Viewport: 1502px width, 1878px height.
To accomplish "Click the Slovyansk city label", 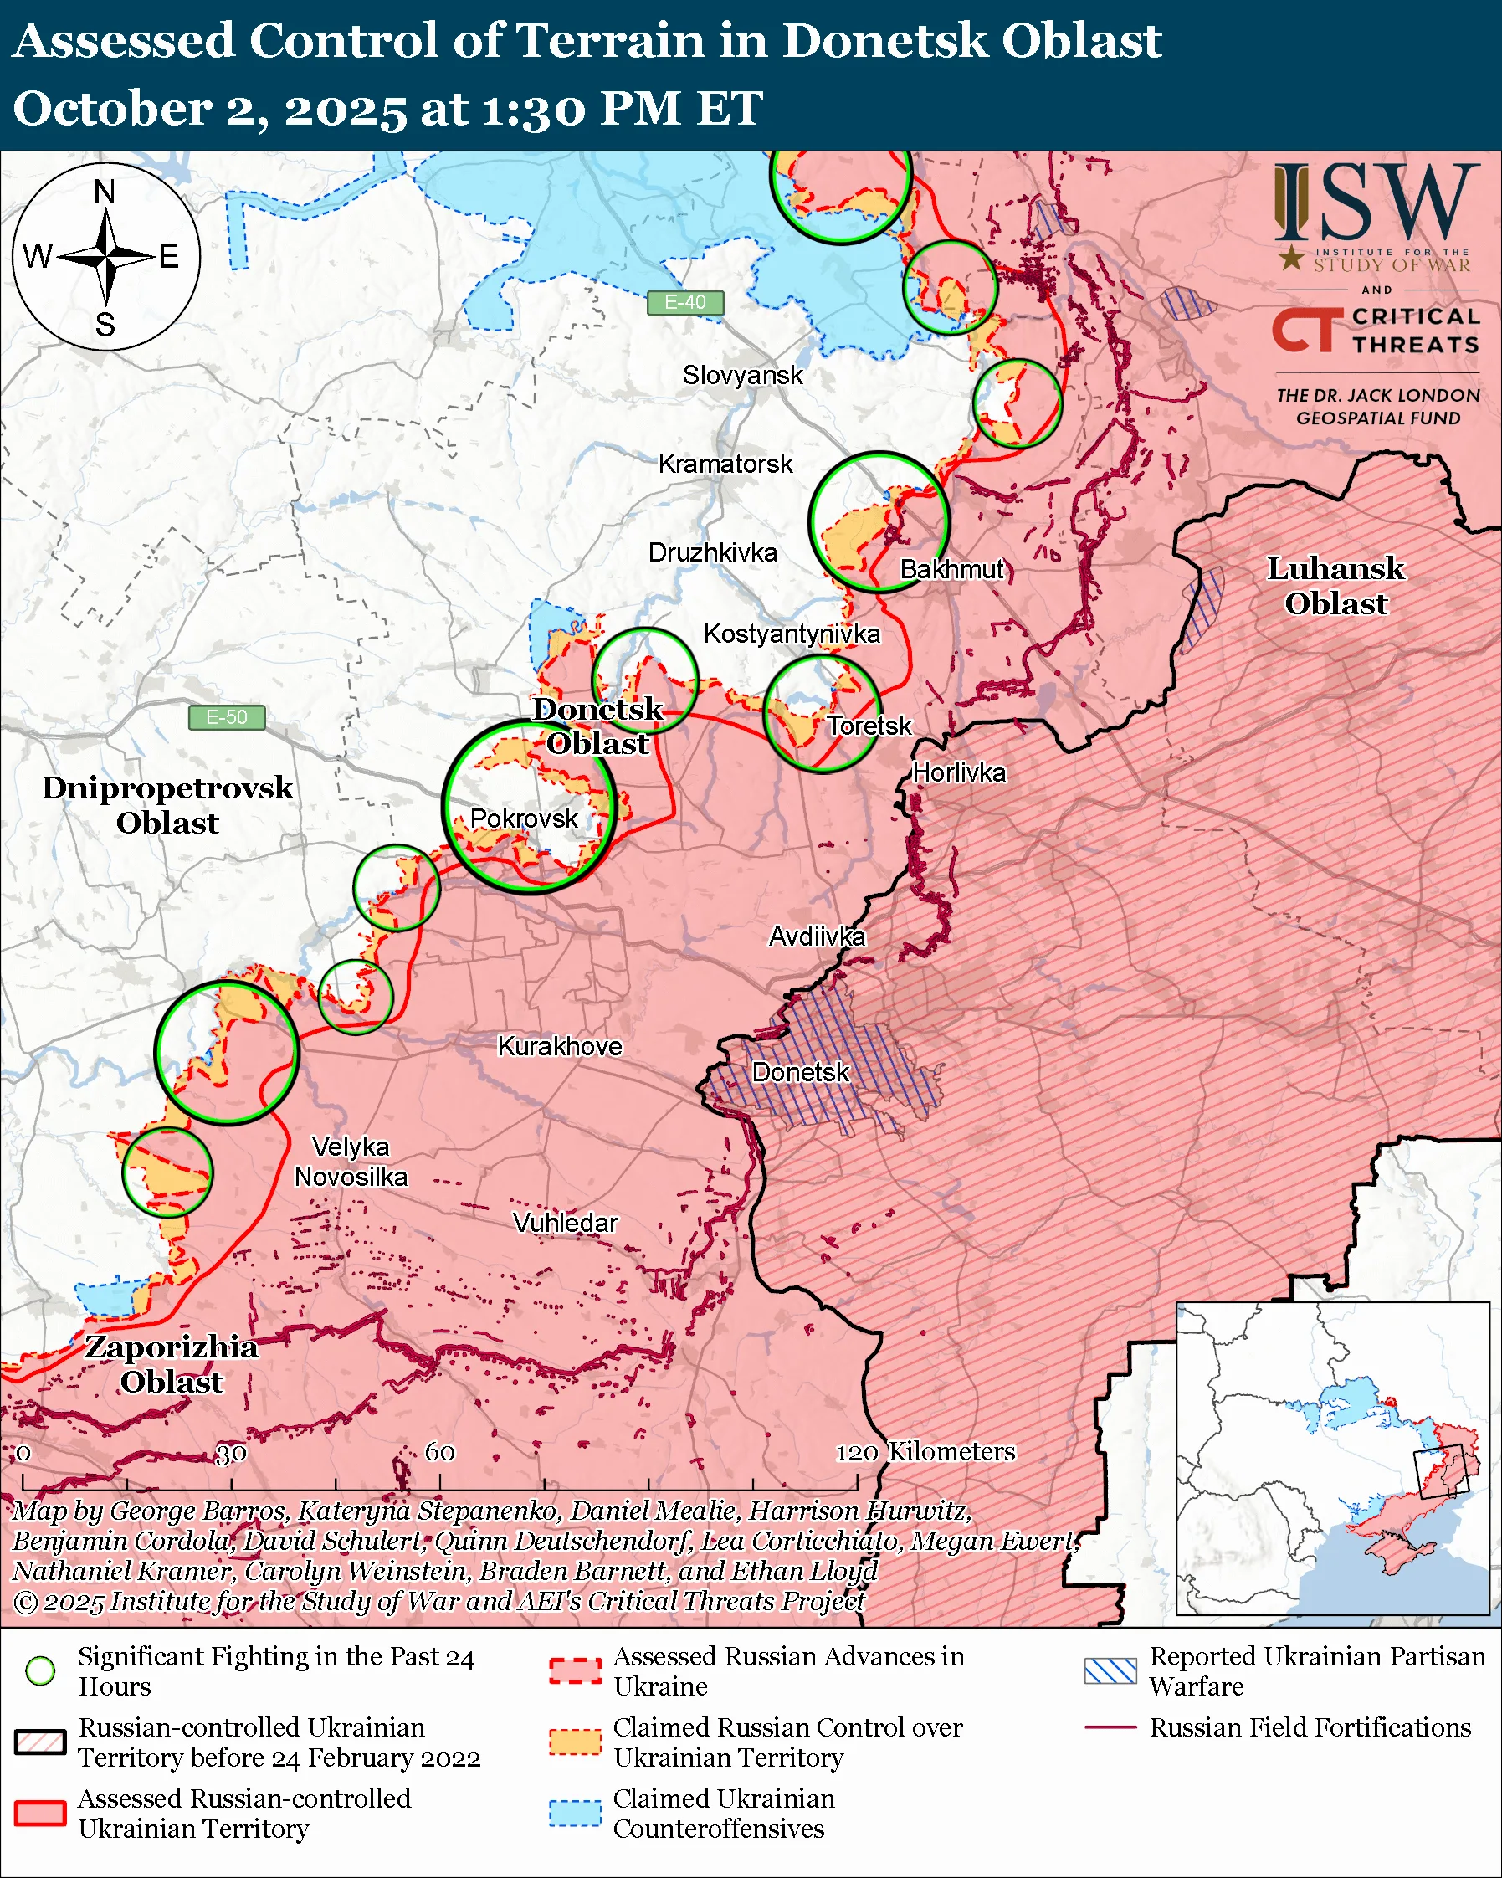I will [742, 376].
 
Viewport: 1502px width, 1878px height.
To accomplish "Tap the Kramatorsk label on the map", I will [725, 464].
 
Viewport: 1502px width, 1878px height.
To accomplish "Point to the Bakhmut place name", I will [951, 570].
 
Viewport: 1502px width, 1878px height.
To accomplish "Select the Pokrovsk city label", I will [523, 818].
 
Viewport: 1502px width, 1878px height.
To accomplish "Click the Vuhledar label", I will [565, 1223].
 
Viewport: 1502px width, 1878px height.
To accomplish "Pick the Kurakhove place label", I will [559, 1046].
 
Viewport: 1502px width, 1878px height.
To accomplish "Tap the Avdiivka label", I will [816, 937].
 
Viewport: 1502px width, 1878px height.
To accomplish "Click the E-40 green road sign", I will [685, 302].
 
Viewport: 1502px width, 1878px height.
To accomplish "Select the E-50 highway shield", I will [227, 718].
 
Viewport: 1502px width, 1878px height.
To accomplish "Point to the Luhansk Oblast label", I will [1335, 586].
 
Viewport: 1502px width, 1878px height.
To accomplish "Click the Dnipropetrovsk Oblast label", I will [167, 805].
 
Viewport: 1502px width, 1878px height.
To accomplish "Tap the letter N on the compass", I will [105, 192].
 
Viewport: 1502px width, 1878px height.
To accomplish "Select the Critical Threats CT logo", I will [1303, 331].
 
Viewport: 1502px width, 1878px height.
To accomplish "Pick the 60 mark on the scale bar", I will [438, 1452].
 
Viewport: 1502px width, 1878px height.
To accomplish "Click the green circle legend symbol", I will [40, 1670].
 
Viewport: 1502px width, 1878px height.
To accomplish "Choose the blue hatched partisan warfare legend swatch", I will [1110, 1670].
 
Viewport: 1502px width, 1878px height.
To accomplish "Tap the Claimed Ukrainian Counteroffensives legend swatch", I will [575, 1813].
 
